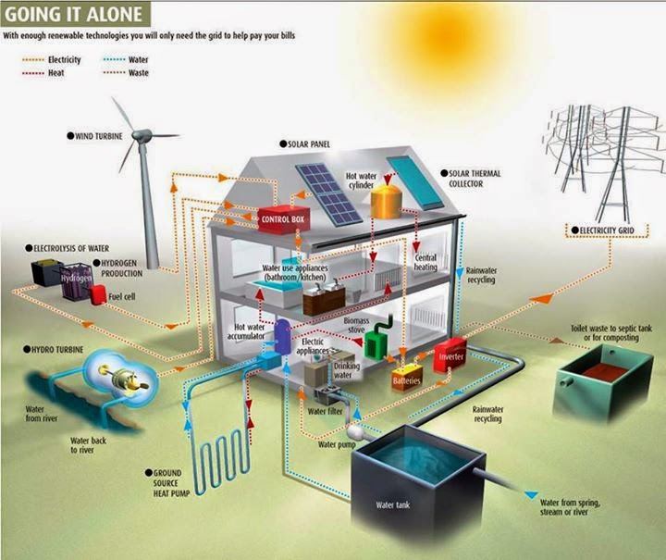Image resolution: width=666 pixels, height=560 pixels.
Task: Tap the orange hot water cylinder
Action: (x=386, y=199)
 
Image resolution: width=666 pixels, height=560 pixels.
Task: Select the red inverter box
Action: (x=450, y=356)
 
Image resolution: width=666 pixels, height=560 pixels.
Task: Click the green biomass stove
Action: (x=377, y=342)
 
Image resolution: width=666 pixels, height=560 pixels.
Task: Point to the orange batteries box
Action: (x=407, y=377)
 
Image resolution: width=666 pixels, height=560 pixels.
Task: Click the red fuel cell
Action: (x=97, y=293)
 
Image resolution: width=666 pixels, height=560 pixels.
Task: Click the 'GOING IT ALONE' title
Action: (x=74, y=14)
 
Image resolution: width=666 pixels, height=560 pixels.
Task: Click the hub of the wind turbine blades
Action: (x=141, y=136)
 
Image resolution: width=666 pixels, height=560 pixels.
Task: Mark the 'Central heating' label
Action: (x=425, y=262)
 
